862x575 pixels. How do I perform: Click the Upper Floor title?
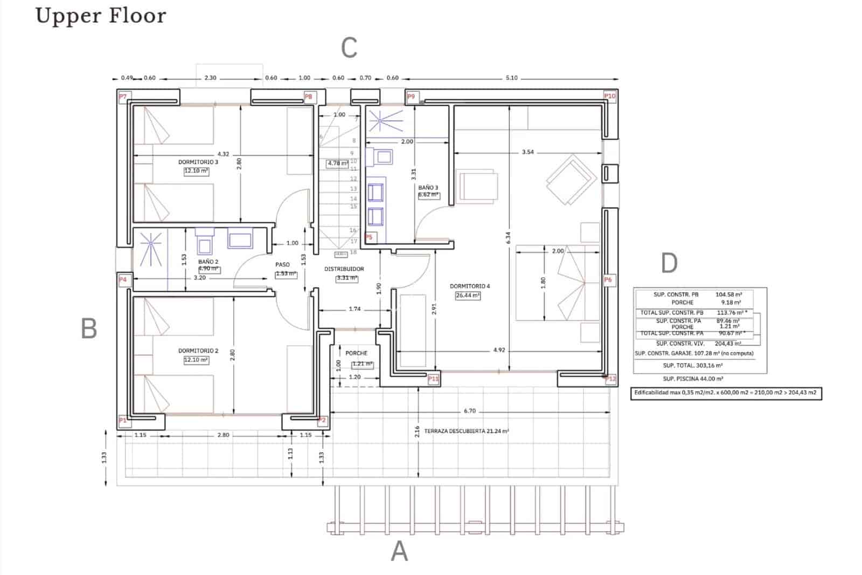click(x=101, y=16)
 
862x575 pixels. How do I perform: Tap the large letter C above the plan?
click(x=349, y=48)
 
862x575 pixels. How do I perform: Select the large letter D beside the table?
click(x=669, y=263)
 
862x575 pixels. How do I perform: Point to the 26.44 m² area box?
click(x=468, y=296)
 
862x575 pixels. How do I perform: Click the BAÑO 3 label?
click(x=428, y=188)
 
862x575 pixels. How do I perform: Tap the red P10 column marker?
click(x=609, y=96)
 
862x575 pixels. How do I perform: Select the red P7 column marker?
click(x=123, y=97)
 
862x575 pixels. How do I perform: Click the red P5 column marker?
click(x=369, y=237)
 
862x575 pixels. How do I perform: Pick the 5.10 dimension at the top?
click(x=511, y=78)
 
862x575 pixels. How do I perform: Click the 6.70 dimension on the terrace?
click(x=470, y=411)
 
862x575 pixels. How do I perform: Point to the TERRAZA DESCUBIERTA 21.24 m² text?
click(x=467, y=431)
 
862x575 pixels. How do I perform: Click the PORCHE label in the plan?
click(x=356, y=353)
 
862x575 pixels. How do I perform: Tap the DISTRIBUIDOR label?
click(x=344, y=269)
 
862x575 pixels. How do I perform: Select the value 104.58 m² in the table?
click(x=728, y=295)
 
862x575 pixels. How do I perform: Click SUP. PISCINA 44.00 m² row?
click(x=693, y=379)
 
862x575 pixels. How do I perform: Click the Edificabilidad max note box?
click(x=726, y=393)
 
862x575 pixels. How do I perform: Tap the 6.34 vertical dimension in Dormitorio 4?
click(x=508, y=237)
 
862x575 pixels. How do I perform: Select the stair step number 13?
click(x=353, y=189)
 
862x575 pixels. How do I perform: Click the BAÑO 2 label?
click(x=208, y=262)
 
